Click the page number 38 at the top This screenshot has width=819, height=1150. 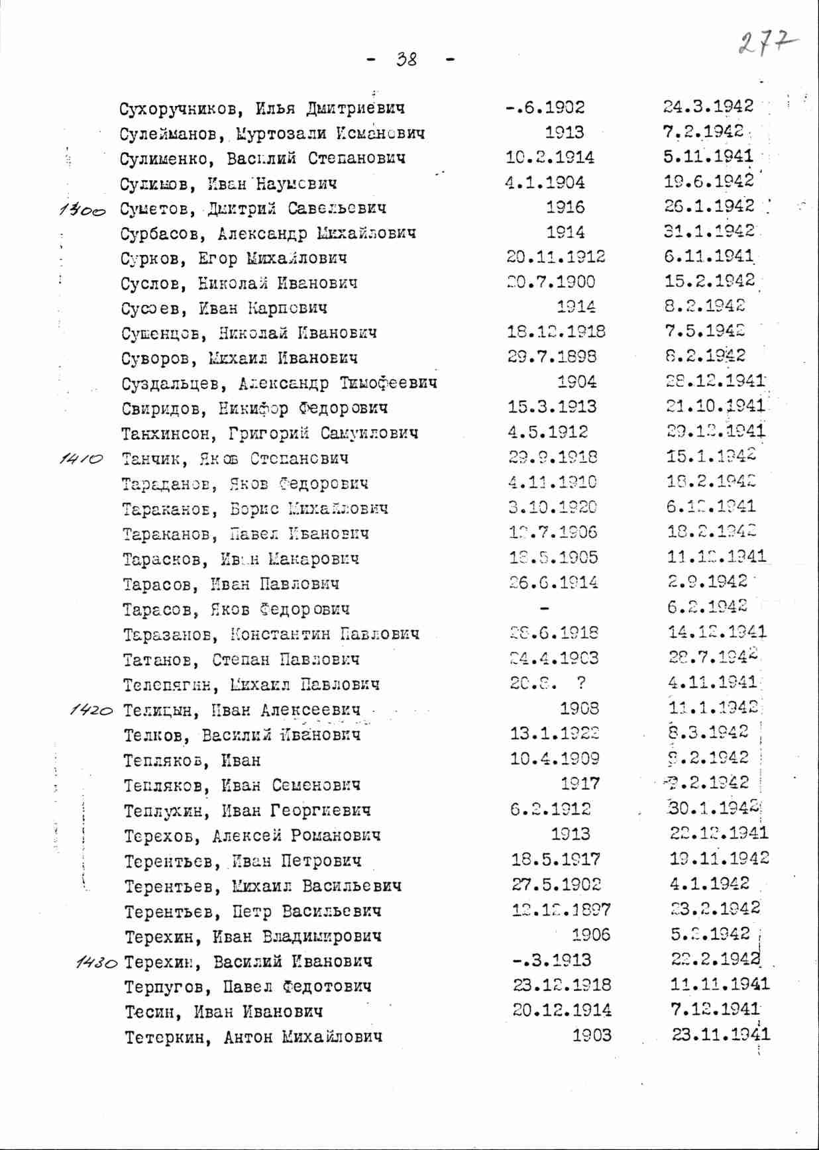407,60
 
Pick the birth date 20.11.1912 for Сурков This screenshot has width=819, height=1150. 555,257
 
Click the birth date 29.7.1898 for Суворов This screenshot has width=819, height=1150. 551,356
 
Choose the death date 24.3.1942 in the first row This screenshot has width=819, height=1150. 708,107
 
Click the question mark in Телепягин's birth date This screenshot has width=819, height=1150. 580,683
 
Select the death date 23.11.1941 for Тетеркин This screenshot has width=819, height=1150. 720,1035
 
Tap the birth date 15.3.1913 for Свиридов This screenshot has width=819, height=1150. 551,407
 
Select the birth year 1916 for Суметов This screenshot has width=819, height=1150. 565,207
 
